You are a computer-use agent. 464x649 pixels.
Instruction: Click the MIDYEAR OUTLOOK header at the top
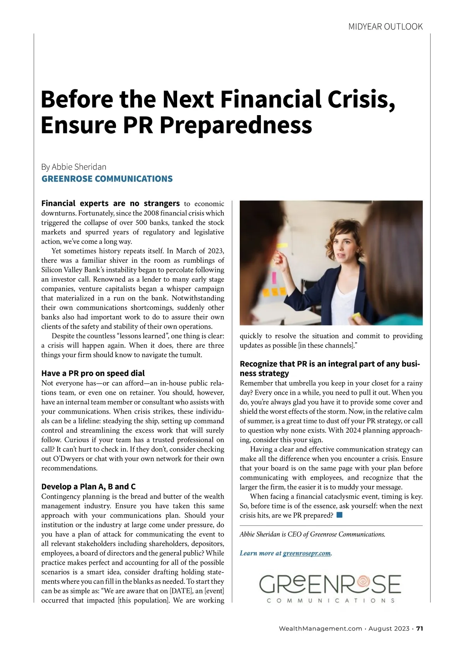click(385, 27)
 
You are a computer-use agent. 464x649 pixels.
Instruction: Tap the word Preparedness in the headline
click(236, 125)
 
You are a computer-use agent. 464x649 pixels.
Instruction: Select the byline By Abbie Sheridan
click(74, 167)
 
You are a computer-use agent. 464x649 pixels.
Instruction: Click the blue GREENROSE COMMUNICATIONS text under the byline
click(107, 179)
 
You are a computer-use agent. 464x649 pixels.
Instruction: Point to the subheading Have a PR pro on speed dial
click(93, 373)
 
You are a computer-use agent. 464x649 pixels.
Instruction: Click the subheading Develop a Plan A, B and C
click(89, 486)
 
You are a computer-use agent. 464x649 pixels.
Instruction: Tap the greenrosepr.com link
click(307, 553)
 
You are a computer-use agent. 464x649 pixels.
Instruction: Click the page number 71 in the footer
click(420, 629)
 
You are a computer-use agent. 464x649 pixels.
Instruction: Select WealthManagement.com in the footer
click(321, 629)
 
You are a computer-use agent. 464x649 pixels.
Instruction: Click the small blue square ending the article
click(339, 515)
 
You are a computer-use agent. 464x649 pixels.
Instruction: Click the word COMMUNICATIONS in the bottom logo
click(331, 601)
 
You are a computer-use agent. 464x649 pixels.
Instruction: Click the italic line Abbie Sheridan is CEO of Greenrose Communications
click(312, 534)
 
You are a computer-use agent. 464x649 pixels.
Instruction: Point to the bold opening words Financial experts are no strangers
click(111, 204)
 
